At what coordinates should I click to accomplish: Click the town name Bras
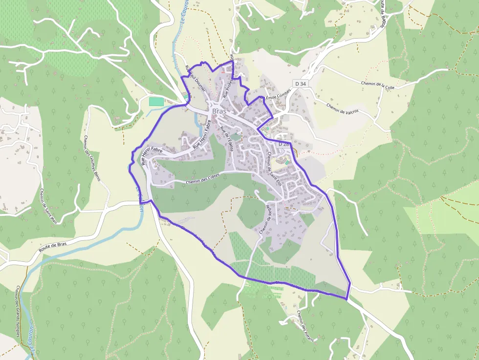[219, 112]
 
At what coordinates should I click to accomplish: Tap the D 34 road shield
[301, 84]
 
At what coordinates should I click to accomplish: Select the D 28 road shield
[283, 145]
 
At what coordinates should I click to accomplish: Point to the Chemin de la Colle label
[378, 85]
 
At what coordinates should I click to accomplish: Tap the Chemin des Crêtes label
[203, 179]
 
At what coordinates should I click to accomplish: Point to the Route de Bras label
[52, 247]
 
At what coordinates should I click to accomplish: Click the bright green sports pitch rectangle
[156, 101]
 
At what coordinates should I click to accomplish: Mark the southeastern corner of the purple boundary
[347, 298]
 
